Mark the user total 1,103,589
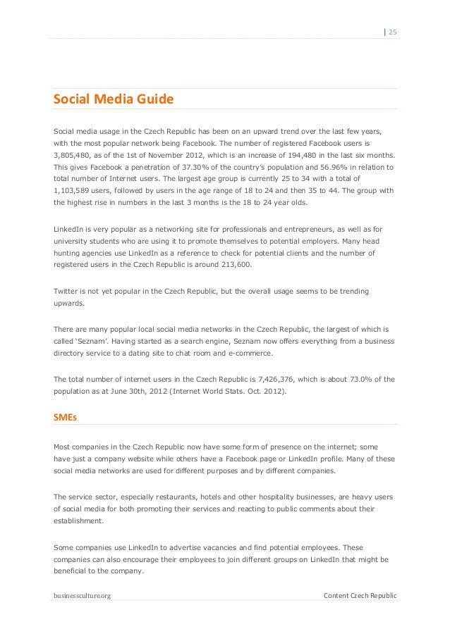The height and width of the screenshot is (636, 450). [x=75, y=192]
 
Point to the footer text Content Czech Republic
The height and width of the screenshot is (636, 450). [x=360, y=597]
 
